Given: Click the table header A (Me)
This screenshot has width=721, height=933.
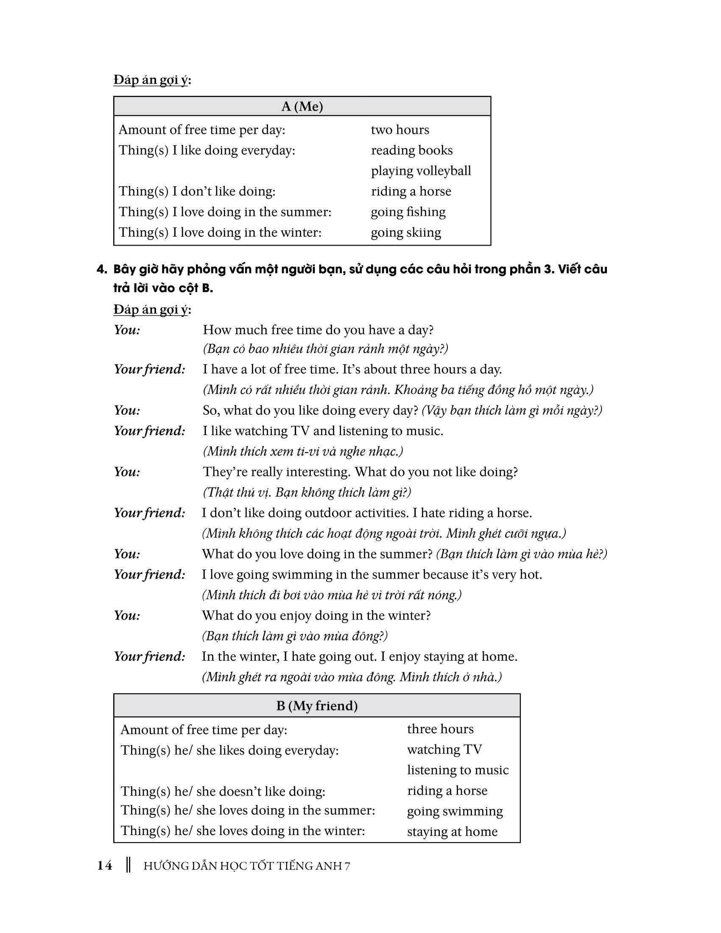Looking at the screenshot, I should [x=302, y=106].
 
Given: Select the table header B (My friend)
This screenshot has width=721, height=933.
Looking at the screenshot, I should [x=316, y=706].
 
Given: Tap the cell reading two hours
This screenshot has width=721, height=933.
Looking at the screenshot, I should [x=400, y=130].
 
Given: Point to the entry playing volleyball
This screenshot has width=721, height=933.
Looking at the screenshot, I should [x=421, y=171].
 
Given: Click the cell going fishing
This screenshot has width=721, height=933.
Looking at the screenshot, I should [x=408, y=212].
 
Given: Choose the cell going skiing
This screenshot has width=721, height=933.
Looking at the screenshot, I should [x=406, y=232].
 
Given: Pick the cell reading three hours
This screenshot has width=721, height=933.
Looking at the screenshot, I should [x=440, y=729].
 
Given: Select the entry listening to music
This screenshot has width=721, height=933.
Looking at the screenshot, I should [x=458, y=770].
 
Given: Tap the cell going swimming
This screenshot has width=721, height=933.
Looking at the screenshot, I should [x=455, y=811].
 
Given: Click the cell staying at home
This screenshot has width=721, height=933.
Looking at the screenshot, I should [x=452, y=831].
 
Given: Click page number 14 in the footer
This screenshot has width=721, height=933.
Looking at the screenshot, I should [x=105, y=866].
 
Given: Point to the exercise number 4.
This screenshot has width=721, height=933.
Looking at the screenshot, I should [x=101, y=269].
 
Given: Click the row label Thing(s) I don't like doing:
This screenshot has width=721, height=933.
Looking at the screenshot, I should [x=197, y=191].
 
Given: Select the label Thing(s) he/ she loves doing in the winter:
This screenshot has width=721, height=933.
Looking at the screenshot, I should [x=243, y=830].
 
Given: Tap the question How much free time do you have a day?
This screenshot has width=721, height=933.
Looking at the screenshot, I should [x=318, y=330].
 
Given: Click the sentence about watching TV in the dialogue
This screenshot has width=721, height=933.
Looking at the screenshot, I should [x=323, y=430].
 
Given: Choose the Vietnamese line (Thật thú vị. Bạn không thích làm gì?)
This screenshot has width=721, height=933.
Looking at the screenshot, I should [x=307, y=492].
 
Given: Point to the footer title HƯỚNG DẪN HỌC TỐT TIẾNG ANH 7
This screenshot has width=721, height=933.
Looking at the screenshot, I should [x=246, y=866].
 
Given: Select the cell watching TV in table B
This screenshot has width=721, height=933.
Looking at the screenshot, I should [x=444, y=749].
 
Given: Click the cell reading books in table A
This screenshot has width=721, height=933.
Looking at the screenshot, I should [x=411, y=151].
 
